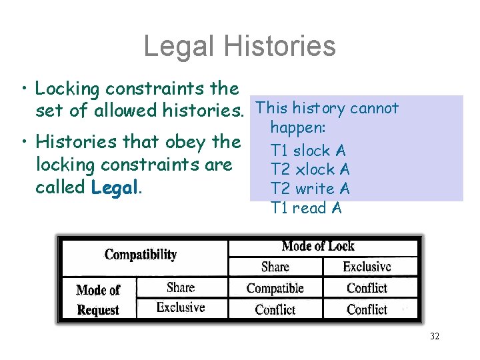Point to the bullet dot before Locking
point(23,89)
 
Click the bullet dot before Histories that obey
point(23,142)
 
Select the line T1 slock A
point(308,151)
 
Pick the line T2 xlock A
point(310,170)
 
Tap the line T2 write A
point(310,189)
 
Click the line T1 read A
point(306,208)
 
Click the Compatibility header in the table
point(141,255)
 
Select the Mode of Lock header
point(318,246)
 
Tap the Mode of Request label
point(98,299)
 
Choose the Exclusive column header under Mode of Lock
point(367,267)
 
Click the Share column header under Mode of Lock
point(275,267)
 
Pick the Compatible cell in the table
point(275,288)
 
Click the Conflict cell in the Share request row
point(367,288)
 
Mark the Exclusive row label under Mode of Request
point(180,307)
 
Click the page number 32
point(435,337)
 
